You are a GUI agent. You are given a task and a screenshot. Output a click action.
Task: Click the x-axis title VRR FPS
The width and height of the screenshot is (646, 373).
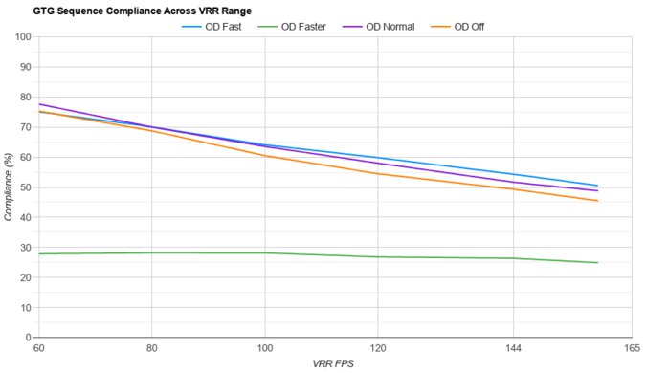point(334,364)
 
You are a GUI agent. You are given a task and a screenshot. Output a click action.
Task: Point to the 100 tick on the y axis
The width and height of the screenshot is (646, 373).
point(22,37)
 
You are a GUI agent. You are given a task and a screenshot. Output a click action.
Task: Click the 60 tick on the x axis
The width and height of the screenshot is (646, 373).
point(38,349)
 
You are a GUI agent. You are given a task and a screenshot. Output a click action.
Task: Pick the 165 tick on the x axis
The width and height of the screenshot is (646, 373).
point(630,349)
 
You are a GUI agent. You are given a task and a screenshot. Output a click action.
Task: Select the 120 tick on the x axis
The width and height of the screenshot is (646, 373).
point(377,349)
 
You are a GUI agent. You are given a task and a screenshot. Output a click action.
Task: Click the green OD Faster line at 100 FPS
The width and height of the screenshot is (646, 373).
point(264,252)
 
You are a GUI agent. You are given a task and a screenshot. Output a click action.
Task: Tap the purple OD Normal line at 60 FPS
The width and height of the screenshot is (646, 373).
point(39,104)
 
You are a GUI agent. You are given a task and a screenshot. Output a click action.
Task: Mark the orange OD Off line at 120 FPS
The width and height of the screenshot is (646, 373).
point(377,173)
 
